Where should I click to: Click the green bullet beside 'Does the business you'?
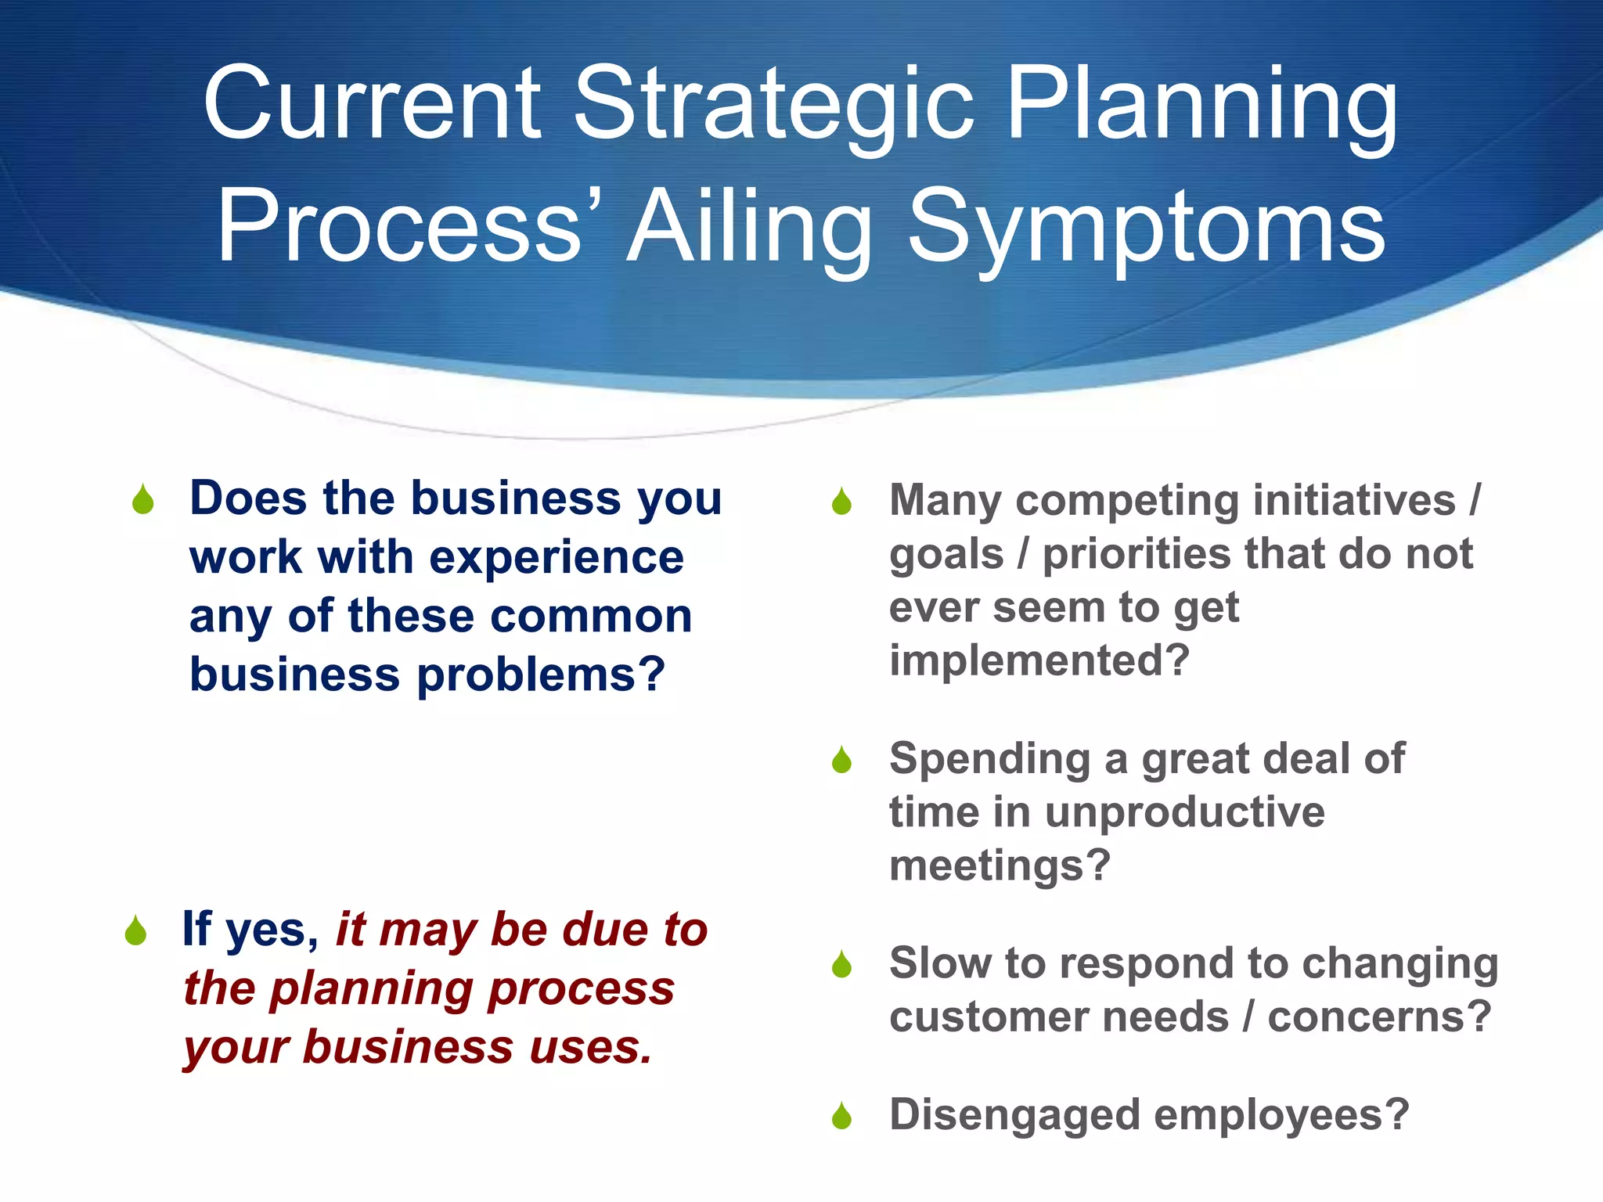pyautogui.click(x=143, y=501)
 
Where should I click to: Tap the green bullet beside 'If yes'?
pyautogui.click(x=135, y=931)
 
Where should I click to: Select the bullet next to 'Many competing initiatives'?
pyautogui.click(x=841, y=502)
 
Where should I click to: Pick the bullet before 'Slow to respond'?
pyautogui.click(x=841, y=965)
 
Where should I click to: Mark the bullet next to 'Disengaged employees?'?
pyautogui.click(x=841, y=1117)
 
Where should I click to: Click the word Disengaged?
pyautogui.click(x=1014, y=1115)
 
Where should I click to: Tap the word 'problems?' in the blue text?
pyautogui.click(x=541, y=675)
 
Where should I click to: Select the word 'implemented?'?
pyautogui.click(x=1039, y=660)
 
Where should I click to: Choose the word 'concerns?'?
pyautogui.click(x=1379, y=1017)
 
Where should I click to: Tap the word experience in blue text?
pyautogui.click(x=557, y=557)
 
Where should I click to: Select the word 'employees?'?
pyautogui.click(x=1282, y=1115)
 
